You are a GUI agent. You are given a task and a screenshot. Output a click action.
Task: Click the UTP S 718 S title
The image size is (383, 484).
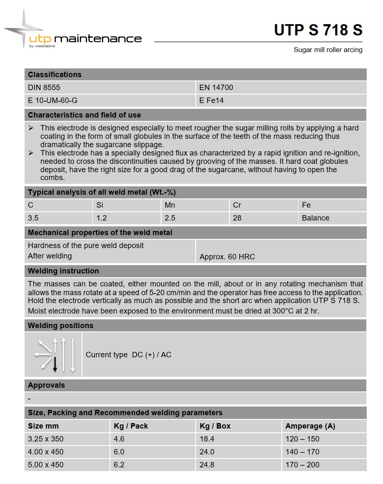pyautogui.click(x=318, y=30)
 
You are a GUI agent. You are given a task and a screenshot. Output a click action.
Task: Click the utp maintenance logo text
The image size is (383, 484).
pyautogui.click(x=85, y=39)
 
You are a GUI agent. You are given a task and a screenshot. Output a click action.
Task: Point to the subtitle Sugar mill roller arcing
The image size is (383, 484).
pyautogui.click(x=328, y=50)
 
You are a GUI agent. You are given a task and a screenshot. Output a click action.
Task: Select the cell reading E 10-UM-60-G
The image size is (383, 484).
pyautogui.click(x=52, y=100)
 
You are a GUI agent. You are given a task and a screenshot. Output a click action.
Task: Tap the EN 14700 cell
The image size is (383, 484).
pyautogui.click(x=216, y=88)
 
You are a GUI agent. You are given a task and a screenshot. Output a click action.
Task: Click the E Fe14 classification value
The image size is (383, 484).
pyautogui.click(x=211, y=100)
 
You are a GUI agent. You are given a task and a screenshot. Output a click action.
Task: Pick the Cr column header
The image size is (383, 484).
pyautogui.click(x=237, y=205)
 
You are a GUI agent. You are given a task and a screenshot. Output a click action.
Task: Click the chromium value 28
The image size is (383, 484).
pyautogui.click(x=237, y=218)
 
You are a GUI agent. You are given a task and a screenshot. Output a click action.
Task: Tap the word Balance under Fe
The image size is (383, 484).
pyautogui.click(x=315, y=218)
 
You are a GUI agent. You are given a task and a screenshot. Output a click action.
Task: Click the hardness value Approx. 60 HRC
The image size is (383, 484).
pyautogui.click(x=227, y=257)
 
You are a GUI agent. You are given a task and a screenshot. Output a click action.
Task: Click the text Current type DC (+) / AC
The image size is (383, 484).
pyautogui.click(x=128, y=355)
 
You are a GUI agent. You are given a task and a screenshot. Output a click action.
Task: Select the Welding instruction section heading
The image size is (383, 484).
pyautogui.click(x=63, y=271)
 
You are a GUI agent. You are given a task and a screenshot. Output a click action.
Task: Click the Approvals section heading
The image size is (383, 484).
pyautogui.click(x=46, y=385)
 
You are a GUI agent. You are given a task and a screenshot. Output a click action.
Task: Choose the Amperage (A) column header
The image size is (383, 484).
pyautogui.click(x=310, y=426)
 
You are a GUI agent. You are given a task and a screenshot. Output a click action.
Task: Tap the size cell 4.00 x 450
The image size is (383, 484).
pyautogui.click(x=46, y=452)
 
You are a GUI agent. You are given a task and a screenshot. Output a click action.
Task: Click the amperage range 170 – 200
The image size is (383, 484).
pyautogui.click(x=302, y=464)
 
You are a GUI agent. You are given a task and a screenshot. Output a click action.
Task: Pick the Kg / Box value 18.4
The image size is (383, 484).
pyautogui.click(x=207, y=439)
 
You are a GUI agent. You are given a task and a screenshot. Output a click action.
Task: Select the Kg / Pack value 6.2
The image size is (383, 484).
pyautogui.click(x=119, y=464)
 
